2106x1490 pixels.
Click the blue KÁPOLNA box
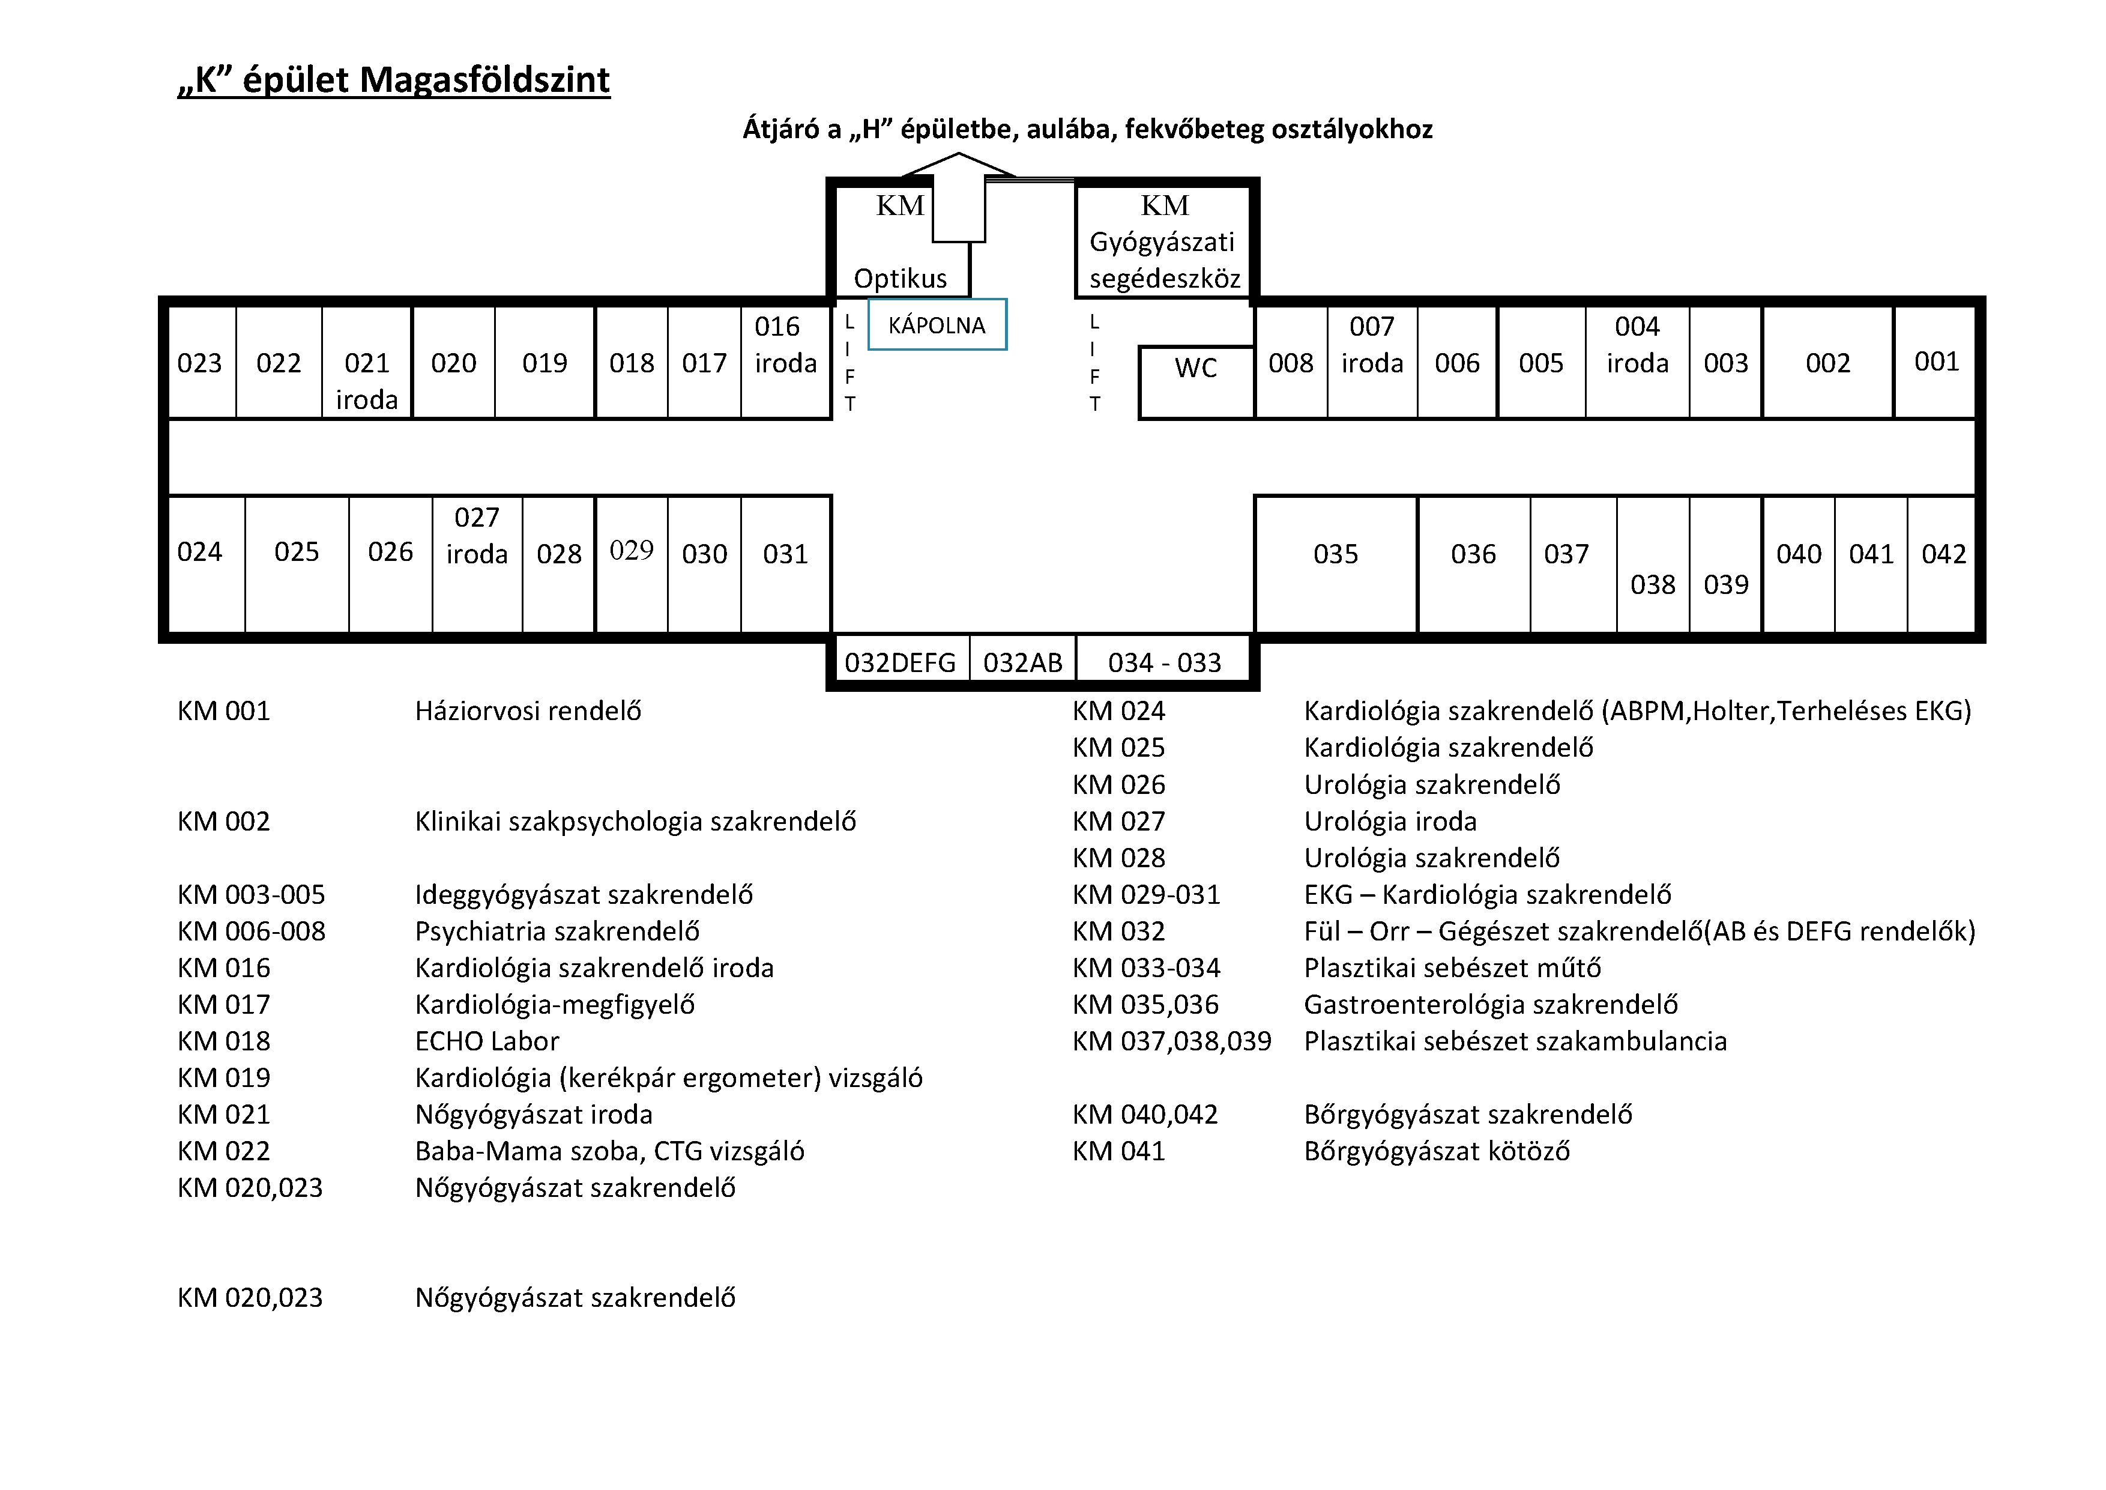937,325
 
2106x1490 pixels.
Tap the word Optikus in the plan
900,278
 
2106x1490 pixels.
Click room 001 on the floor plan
1936,362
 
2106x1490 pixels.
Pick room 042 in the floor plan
1944,554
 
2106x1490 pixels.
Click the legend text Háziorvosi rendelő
528,711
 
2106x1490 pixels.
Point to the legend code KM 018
224,1041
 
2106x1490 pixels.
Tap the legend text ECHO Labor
486,1041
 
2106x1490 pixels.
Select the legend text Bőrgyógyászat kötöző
1437,1151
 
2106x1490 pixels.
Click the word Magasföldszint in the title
484,80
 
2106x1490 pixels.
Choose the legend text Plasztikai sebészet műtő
1452,968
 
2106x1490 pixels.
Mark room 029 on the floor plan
631,551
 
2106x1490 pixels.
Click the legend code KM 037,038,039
1171,1041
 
